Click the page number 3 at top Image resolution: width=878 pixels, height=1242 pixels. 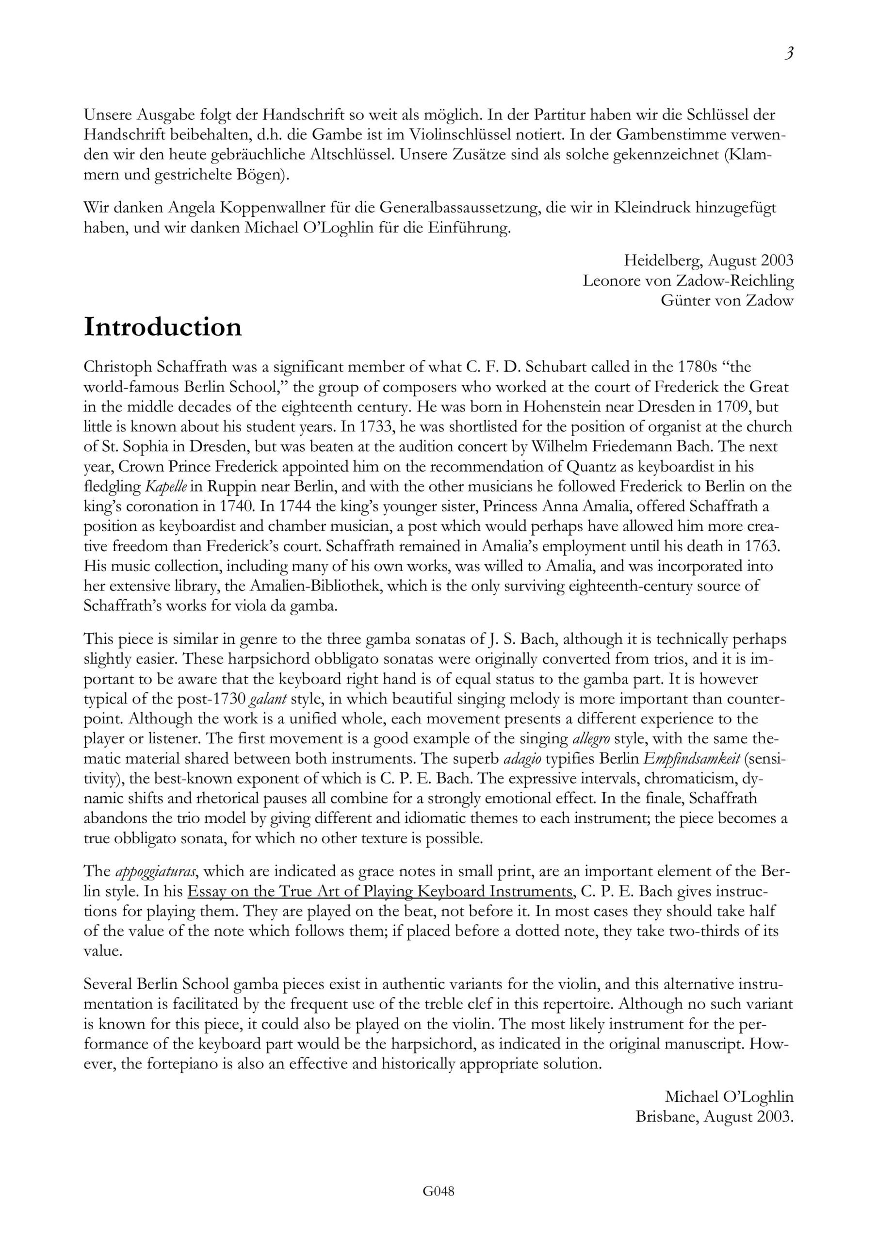click(789, 53)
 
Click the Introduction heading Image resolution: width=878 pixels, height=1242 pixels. click(163, 327)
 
